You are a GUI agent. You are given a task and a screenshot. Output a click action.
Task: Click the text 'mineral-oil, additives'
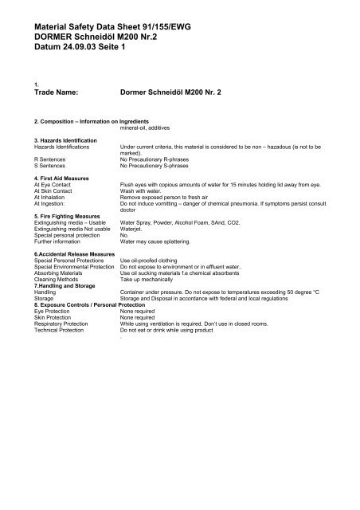(x=149, y=127)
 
